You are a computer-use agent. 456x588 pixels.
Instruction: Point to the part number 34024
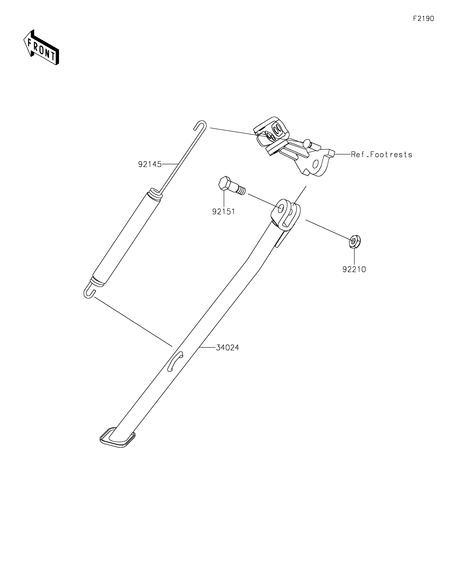227,348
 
